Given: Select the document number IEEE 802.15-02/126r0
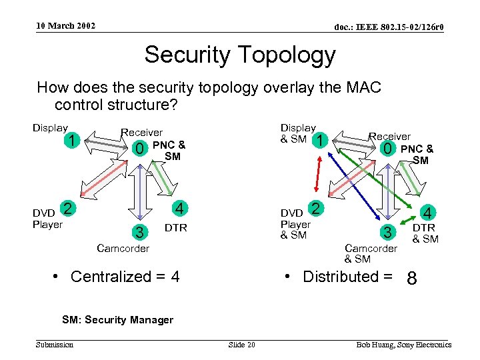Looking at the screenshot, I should [389, 27].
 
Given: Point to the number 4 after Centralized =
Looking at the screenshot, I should [174, 277].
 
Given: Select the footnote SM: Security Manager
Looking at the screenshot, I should [117, 319].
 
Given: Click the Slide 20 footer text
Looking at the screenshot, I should [241, 345].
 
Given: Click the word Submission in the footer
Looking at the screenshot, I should [55, 345].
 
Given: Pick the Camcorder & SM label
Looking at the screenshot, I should [370, 253].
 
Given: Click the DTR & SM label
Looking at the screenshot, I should [425, 233].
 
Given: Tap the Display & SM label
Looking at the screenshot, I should [297, 133].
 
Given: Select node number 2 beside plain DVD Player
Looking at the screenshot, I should [67, 207].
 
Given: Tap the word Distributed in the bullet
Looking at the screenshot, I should [340, 277].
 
